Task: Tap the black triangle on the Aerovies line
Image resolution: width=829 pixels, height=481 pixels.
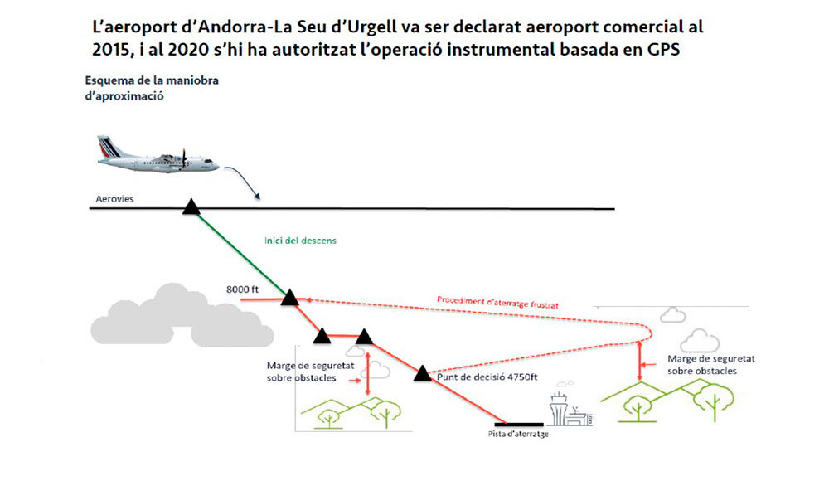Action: tap(191, 207)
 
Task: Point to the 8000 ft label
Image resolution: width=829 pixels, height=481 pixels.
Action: tap(244, 289)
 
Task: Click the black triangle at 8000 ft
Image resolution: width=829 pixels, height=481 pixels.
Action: tap(289, 298)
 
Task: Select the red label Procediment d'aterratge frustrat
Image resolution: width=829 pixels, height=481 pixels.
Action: tap(497, 301)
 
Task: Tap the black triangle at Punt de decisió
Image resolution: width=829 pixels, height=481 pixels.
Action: tap(423, 372)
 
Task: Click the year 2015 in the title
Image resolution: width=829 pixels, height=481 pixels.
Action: tap(113, 47)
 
